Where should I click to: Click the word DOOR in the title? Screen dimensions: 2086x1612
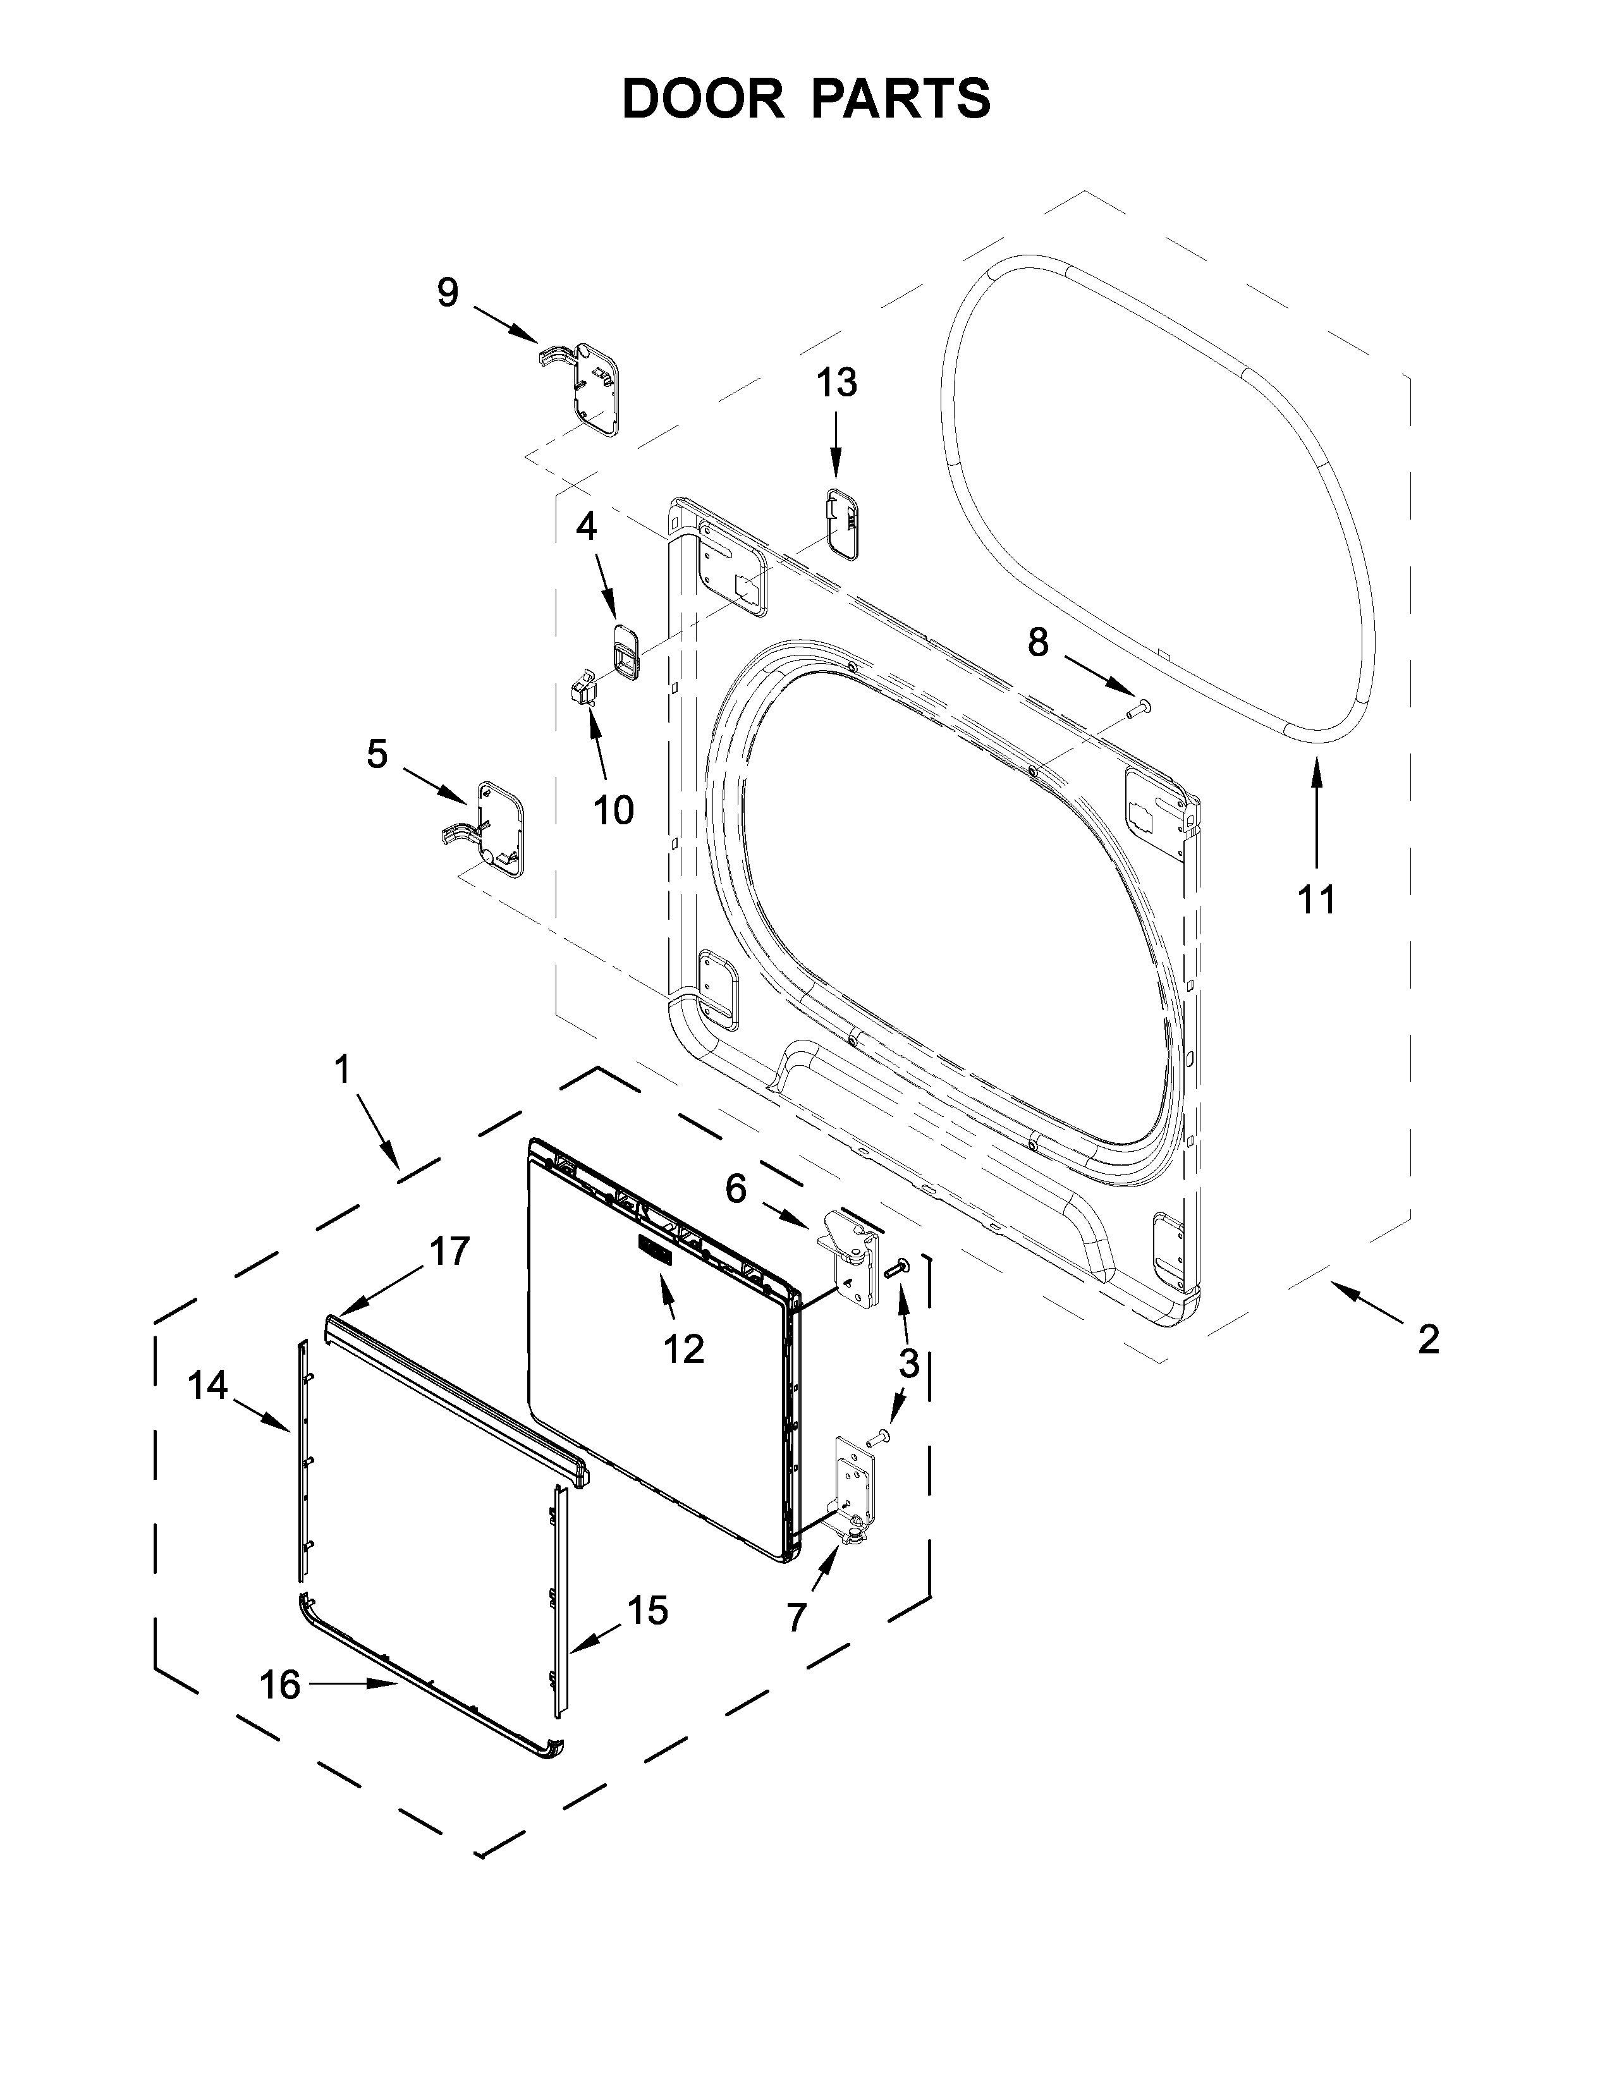[702, 99]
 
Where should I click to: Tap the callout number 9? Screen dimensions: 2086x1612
[448, 292]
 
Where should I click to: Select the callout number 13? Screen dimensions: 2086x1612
[836, 383]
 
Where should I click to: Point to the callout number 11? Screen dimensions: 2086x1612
[1316, 899]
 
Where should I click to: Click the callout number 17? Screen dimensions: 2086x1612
[450, 1250]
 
